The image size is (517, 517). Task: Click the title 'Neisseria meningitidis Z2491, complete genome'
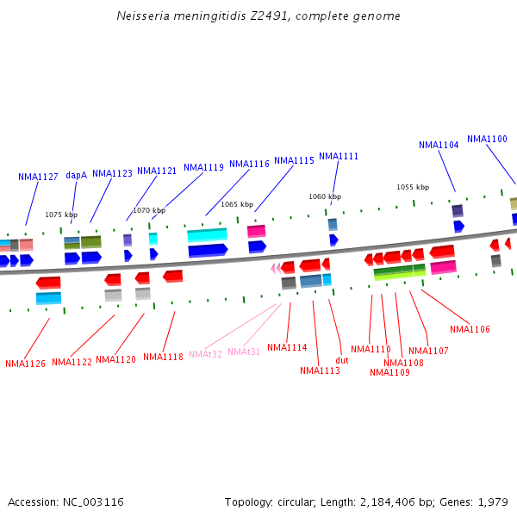(x=258, y=16)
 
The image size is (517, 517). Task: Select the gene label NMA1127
(x=38, y=177)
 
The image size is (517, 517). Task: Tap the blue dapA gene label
(x=76, y=175)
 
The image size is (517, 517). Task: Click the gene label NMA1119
(x=203, y=167)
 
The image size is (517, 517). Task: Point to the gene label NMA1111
(x=339, y=156)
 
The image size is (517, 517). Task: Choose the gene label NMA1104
(x=439, y=145)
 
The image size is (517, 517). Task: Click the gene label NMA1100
(x=487, y=139)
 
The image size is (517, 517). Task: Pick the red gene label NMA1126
(x=25, y=364)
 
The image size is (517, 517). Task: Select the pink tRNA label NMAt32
(x=205, y=354)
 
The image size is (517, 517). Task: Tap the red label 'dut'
(x=342, y=360)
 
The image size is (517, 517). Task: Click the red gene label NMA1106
(x=470, y=329)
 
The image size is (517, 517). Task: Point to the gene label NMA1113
(x=320, y=371)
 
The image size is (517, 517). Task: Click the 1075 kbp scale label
(x=61, y=215)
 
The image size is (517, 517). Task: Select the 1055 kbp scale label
(x=413, y=187)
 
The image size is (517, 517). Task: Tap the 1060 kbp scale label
(x=325, y=196)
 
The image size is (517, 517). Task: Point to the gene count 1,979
(x=494, y=501)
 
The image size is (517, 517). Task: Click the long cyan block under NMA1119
(x=207, y=234)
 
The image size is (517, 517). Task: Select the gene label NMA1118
(x=163, y=357)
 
